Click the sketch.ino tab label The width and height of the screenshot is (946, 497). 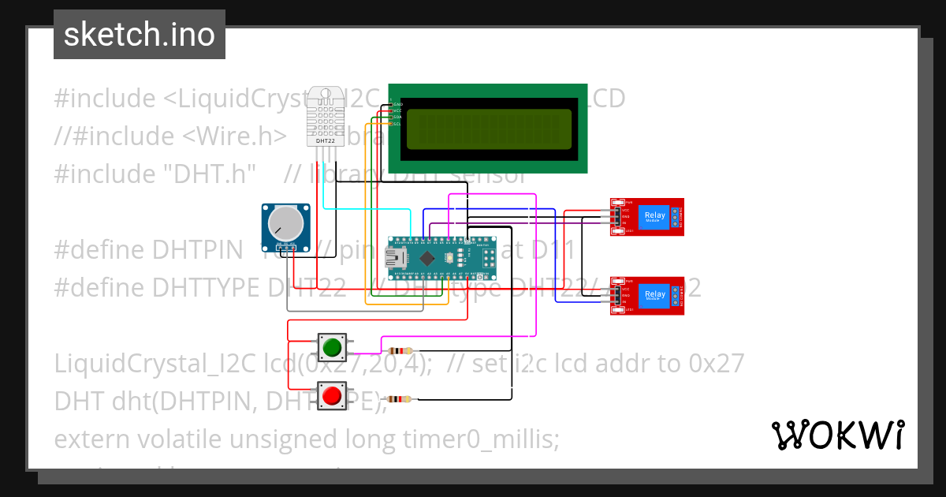140,35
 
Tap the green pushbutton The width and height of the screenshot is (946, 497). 332,346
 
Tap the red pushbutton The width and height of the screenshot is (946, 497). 332,394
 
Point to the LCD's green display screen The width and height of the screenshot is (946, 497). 488,129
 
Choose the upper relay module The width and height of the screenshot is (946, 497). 646,216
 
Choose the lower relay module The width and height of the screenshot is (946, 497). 646,296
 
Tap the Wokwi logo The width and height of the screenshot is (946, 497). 837,435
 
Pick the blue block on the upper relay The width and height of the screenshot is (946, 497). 654,216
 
